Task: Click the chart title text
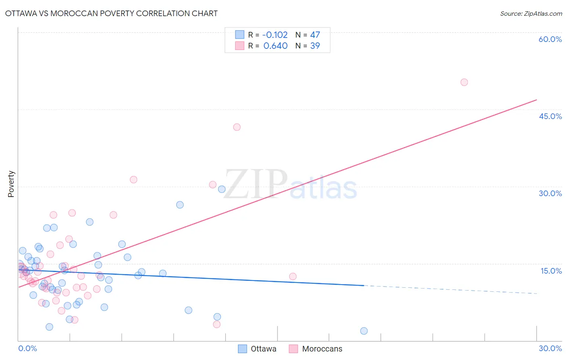pyautogui.click(x=111, y=13)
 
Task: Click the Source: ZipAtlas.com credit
pyautogui.click(x=531, y=13)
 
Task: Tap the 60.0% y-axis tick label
pyautogui.click(x=550, y=39)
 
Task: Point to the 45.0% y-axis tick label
pyautogui.click(x=550, y=116)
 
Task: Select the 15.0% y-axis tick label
pyautogui.click(x=551, y=271)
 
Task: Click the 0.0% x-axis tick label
pyautogui.click(x=27, y=348)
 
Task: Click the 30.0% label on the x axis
pyautogui.click(x=550, y=348)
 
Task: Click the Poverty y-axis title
pyautogui.click(x=11, y=184)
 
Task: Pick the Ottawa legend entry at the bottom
pyautogui.click(x=257, y=349)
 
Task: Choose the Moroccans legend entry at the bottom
pyautogui.click(x=316, y=349)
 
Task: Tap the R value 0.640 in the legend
pyautogui.click(x=275, y=46)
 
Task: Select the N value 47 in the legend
pyautogui.click(x=315, y=35)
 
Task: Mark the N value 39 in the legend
pyautogui.click(x=315, y=46)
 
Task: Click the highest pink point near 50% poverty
pyautogui.click(x=464, y=82)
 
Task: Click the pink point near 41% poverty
pyautogui.click(x=237, y=127)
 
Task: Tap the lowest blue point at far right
pyautogui.click(x=364, y=331)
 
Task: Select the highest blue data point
pyautogui.click(x=221, y=189)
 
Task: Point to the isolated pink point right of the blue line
pyautogui.click(x=293, y=276)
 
